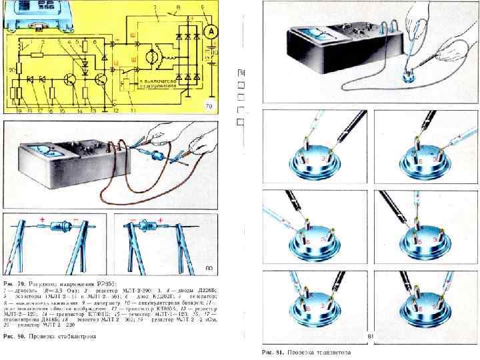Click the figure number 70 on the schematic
coord(207,106)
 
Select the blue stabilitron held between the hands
coord(158,157)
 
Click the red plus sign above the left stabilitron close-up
coord(43,220)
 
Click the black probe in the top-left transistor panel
coord(347,127)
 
